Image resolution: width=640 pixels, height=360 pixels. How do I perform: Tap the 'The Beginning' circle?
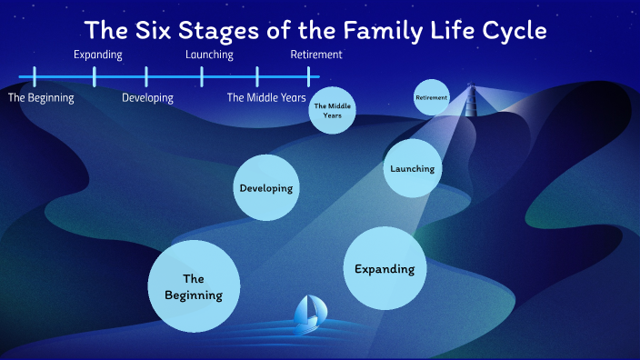pyautogui.click(x=194, y=286)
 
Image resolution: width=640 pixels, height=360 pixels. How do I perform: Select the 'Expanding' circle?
pyautogui.click(x=384, y=268)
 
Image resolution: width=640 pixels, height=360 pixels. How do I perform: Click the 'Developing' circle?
pyautogui.click(x=266, y=188)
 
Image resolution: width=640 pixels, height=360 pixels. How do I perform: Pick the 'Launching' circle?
pyautogui.click(x=412, y=168)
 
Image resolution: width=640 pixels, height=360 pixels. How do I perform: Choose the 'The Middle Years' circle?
pyautogui.click(x=332, y=110)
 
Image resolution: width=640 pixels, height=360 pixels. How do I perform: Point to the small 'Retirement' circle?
pyautogui.click(x=431, y=97)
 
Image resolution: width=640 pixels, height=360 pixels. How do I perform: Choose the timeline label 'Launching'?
pyautogui.click(x=209, y=55)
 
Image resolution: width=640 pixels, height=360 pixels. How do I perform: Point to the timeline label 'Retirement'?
pyautogui.click(x=316, y=55)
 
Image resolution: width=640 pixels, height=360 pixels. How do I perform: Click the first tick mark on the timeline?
pyautogui.click(x=35, y=76)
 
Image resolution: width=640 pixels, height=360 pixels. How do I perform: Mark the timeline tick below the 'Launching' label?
pyautogui.click(x=203, y=76)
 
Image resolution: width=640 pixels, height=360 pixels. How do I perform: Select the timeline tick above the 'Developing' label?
pyautogui.click(x=147, y=76)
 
